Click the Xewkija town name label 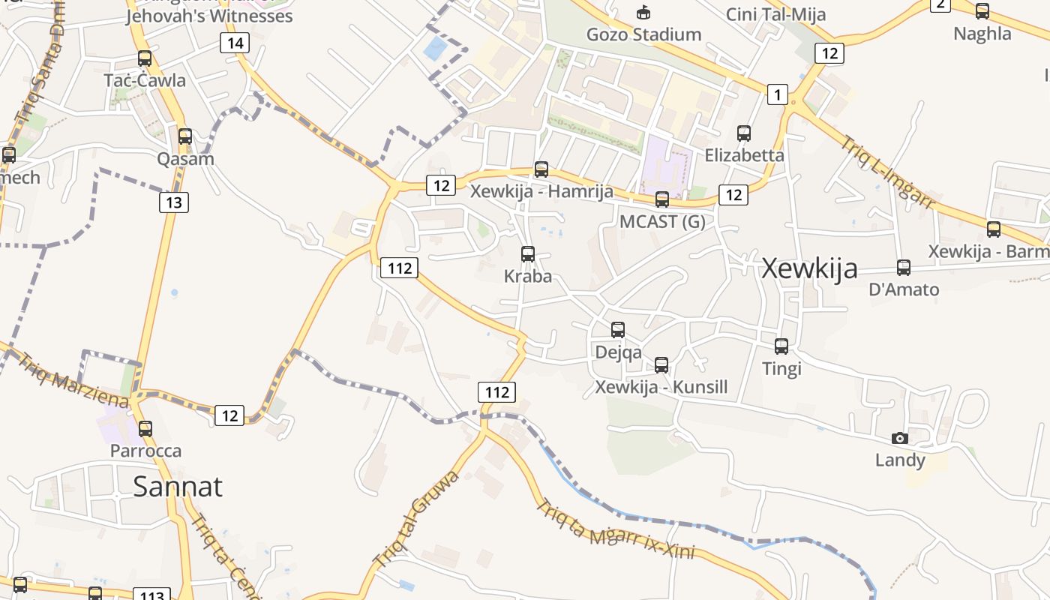809,268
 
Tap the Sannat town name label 178,487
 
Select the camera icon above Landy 900,438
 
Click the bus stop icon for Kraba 528,254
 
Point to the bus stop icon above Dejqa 618,329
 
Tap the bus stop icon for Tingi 781,346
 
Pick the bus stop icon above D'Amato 904,267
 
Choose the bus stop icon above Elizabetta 744,133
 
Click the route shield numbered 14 235,43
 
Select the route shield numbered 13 174,202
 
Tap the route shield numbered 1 778,94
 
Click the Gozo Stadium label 643,34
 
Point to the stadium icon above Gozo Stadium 643,12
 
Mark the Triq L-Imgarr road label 887,172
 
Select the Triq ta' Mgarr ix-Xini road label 615,530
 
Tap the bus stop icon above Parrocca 145,429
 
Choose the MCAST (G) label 662,222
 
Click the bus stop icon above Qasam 185,136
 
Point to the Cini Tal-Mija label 775,14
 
